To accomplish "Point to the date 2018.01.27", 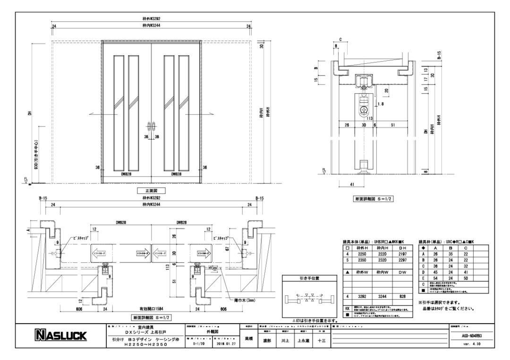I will [223, 343].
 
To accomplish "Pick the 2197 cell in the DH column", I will [402, 253].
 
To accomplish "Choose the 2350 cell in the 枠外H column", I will [362, 260].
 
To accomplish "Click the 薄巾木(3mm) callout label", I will [242, 300].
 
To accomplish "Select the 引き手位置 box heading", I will [309, 279].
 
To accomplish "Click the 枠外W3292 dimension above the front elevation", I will [151, 19].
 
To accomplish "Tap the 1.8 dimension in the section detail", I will [368, 104].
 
